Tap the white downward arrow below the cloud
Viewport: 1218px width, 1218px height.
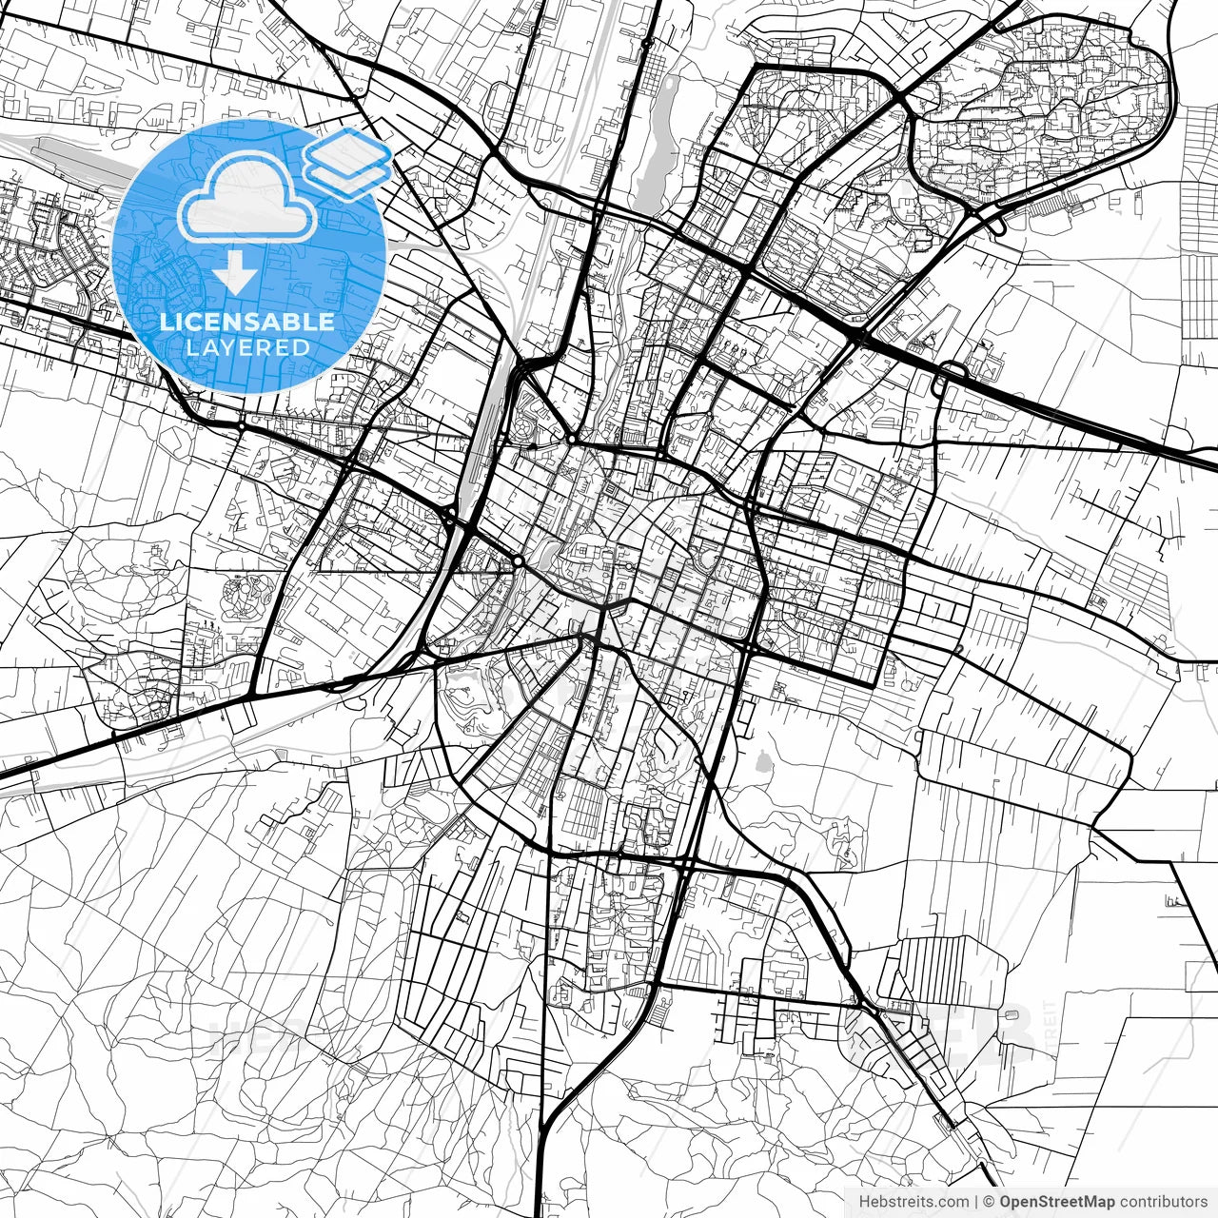[234, 274]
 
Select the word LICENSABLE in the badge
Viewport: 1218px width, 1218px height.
[247, 322]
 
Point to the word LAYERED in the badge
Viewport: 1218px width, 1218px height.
[247, 347]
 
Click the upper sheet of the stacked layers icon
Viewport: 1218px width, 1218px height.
[348, 152]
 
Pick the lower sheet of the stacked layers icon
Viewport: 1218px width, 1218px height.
[348, 175]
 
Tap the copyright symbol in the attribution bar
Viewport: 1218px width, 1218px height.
[989, 1201]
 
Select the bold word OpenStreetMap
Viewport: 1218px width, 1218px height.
[1056, 1201]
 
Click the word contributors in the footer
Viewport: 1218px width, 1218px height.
[1163, 1201]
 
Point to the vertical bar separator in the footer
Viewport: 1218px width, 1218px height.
[976, 1201]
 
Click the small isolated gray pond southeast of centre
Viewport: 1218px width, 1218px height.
[761, 761]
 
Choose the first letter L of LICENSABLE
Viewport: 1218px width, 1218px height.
[166, 322]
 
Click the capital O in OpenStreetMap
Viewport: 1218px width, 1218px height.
[1006, 1201]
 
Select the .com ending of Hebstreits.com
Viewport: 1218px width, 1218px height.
[953, 1201]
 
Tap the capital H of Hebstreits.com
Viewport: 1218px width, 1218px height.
[864, 1201]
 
